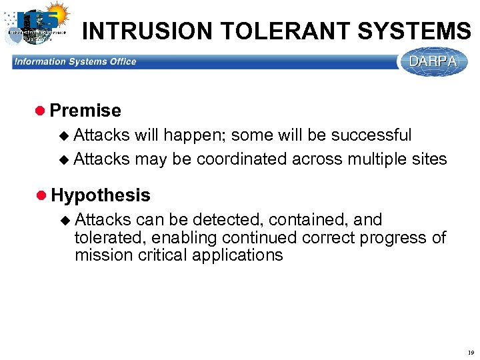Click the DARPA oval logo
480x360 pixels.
tap(433, 62)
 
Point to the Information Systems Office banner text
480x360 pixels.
tap(75, 62)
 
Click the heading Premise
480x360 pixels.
tap(85, 111)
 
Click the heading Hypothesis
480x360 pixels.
tap(100, 195)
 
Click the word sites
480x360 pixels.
tap(429, 159)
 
